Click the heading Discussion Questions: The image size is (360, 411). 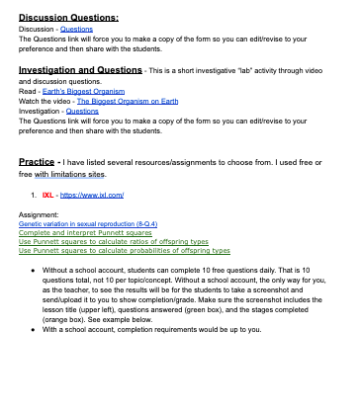pyautogui.click(x=68, y=18)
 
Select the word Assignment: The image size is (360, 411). pyautogui.click(x=39, y=214)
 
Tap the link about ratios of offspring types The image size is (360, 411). pyautogui.click(x=114, y=242)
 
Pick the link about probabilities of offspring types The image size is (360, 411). pyautogui.click(x=125, y=251)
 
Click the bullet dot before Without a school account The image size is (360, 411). pyautogui.click(x=34, y=269)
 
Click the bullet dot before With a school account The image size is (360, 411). pyautogui.click(x=34, y=330)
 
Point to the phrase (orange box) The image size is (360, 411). pyautogui.click(x=62, y=321)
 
